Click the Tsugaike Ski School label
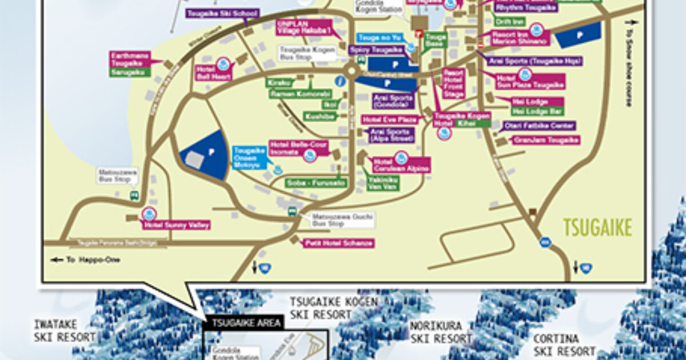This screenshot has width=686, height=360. [x=223, y=13]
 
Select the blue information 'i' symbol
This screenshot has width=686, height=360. [x=341, y=81]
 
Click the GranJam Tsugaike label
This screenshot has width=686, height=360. [x=546, y=140]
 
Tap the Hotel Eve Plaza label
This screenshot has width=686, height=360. [x=390, y=120]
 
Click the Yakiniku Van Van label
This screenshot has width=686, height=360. [x=382, y=182]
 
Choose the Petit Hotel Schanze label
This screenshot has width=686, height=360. [x=338, y=243]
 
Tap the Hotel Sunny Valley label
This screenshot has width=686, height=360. [x=177, y=225]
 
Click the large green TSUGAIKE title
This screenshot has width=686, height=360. [x=598, y=227]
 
